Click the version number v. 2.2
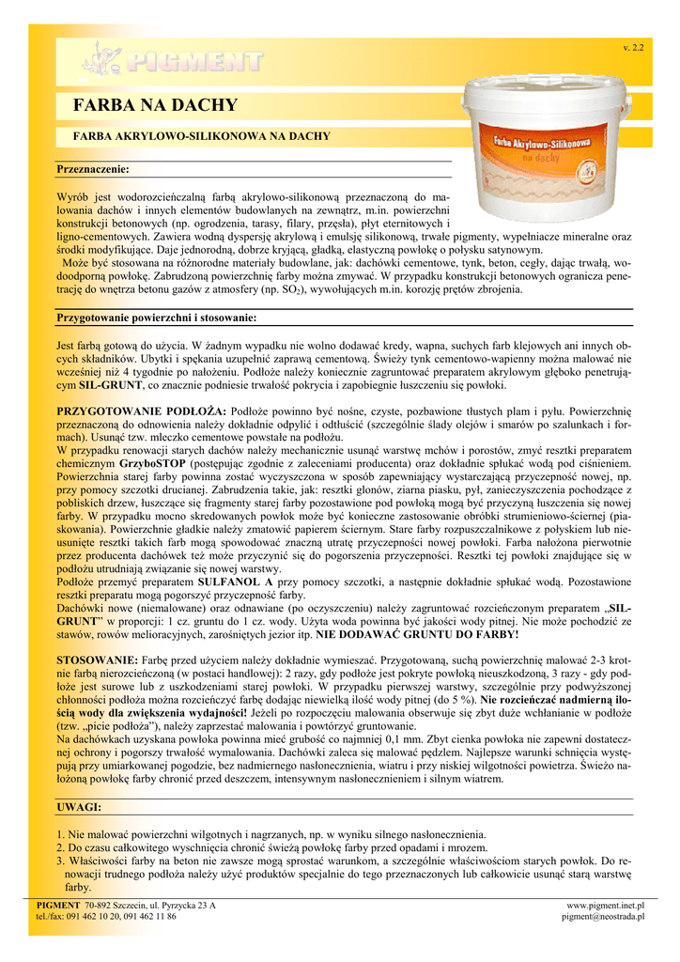coord(633,47)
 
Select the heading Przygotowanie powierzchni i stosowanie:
coord(157,318)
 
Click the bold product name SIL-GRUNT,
coord(109,386)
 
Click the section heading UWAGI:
coord(79,807)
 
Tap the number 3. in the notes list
coord(60,861)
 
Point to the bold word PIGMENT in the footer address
coord(57,905)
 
